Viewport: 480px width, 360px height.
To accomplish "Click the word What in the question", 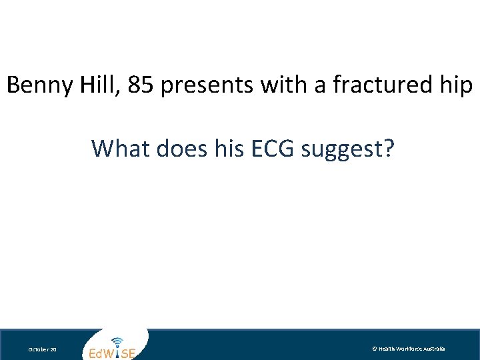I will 121,148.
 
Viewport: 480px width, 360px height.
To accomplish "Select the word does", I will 175,148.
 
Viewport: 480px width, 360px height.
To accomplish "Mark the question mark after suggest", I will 387,148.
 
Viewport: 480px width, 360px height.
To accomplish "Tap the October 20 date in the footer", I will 42,349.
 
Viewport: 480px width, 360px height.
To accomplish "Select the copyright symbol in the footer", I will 375,349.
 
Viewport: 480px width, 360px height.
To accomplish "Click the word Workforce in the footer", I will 411,349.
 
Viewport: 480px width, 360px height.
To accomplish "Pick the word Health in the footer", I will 388,349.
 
